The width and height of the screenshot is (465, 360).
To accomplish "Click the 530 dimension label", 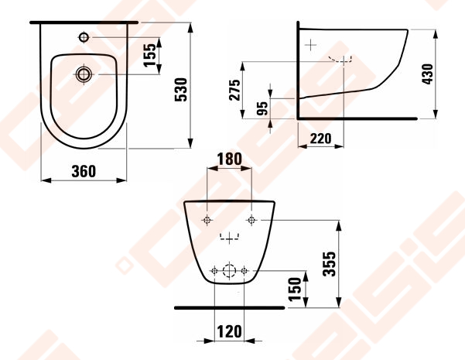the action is tap(180, 90).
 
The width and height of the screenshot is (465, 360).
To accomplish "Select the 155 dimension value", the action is tap(150, 55).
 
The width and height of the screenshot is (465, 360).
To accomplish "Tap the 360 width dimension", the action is tap(84, 171).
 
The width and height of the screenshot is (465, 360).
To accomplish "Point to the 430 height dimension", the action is tap(427, 74).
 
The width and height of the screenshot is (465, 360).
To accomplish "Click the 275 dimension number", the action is tap(235, 90).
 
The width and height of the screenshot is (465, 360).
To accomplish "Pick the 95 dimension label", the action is tap(262, 108).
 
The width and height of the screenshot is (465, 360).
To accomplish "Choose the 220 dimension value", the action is tap(320, 139).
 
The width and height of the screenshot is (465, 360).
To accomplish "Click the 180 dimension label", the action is tap(230, 159).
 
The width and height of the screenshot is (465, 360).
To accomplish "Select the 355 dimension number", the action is tap(329, 264).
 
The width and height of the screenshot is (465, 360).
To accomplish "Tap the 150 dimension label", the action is tap(295, 289).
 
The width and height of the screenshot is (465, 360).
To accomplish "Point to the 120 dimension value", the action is tap(229, 331).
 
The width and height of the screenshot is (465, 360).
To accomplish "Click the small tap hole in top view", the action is tap(84, 37).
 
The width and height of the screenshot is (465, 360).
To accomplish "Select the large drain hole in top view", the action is tap(84, 74).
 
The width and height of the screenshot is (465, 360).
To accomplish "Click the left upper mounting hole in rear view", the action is tap(207, 220).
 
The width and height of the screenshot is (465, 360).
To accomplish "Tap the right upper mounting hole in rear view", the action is tap(251, 220).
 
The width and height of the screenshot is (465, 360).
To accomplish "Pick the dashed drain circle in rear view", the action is tap(229, 271).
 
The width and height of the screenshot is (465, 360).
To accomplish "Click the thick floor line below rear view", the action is tap(229, 308).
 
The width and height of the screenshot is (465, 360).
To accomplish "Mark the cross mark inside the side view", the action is tap(310, 45).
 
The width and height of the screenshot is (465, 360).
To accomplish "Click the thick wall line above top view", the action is tap(84, 22).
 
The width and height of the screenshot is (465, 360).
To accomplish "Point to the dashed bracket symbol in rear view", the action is tap(229, 238).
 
